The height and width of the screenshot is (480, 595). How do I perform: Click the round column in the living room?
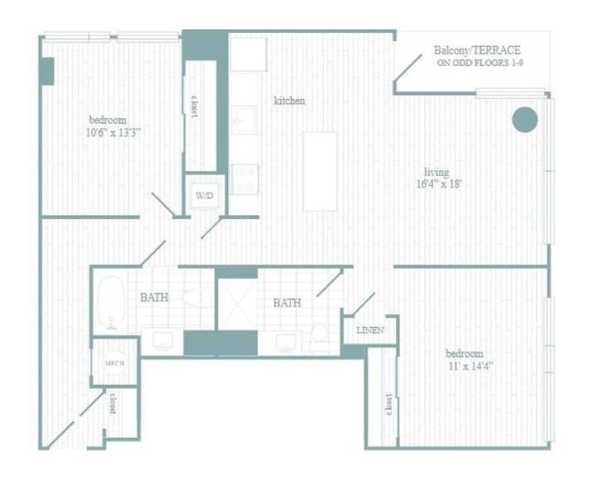coord(525,120)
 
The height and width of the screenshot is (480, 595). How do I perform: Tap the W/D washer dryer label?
coord(204,196)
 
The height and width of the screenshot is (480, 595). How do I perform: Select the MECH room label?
coord(114,364)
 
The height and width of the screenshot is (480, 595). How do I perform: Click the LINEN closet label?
coord(370,330)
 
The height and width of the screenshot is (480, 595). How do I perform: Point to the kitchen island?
coord(320,172)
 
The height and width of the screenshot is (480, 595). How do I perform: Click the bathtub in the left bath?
coord(112,303)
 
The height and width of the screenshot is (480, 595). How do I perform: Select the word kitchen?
coord(289,101)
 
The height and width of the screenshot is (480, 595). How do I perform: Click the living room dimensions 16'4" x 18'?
coord(439,184)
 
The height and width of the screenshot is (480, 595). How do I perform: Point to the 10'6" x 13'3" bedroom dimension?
coord(113,132)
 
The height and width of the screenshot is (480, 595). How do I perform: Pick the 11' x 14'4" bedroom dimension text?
coord(470,366)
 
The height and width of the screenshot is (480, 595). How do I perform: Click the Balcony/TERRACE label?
coord(477,50)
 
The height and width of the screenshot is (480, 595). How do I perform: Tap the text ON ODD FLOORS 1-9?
coord(479,63)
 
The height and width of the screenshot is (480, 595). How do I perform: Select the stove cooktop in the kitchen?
coord(245,179)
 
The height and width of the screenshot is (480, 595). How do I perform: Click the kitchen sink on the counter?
coord(243,120)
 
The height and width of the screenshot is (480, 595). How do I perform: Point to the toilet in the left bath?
coord(197,297)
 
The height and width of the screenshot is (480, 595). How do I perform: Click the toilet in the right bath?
coord(319,332)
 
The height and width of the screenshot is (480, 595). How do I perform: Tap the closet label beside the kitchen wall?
coord(194,106)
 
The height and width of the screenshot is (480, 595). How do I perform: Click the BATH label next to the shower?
coord(287,303)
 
